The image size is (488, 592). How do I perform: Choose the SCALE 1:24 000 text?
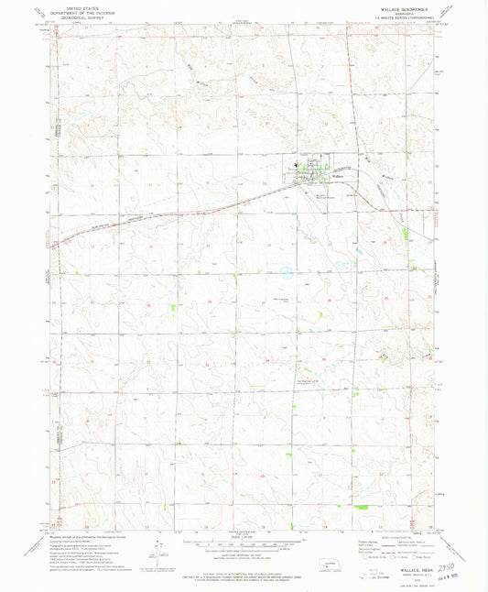click(x=243, y=539)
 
